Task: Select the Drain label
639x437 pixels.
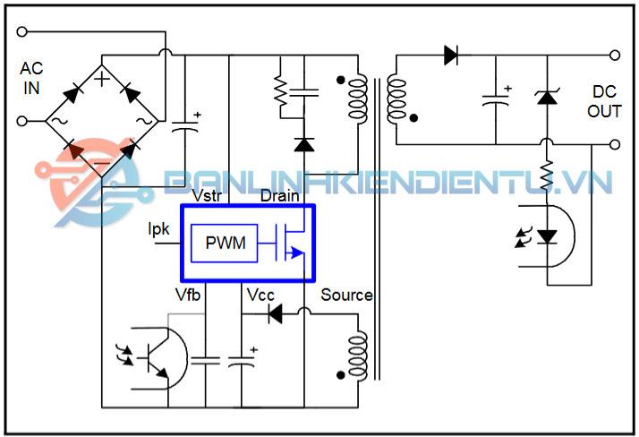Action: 278,195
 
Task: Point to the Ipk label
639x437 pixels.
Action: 159,229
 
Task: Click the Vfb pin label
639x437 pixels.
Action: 188,296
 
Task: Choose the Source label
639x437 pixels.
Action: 346,295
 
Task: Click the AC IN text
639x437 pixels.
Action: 31,79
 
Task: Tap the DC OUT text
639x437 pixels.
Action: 604,101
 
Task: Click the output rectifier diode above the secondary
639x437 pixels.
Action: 450,56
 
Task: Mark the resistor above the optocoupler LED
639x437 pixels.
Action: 546,176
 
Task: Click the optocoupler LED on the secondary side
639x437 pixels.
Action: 546,235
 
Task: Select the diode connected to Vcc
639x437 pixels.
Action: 276,313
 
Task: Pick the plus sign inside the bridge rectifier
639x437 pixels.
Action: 103,79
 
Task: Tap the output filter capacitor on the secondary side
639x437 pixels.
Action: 495,99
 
